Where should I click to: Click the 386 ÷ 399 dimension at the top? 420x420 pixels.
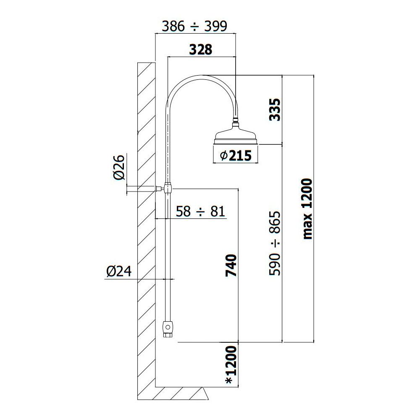tap(195, 26)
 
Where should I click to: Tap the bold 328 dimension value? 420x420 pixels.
tap(201, 50)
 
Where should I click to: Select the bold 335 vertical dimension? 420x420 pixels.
tap(275, 110)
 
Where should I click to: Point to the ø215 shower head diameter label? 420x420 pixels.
tap(236, 156)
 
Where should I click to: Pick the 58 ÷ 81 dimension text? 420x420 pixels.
tap(200, 211)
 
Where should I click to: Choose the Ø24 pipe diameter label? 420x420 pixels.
tap(119, 271)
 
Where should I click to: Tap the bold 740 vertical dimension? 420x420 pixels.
tap(231, 265)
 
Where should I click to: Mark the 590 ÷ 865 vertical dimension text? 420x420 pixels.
tap(275, 243)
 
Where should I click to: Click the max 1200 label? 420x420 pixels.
tap(307, 209)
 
